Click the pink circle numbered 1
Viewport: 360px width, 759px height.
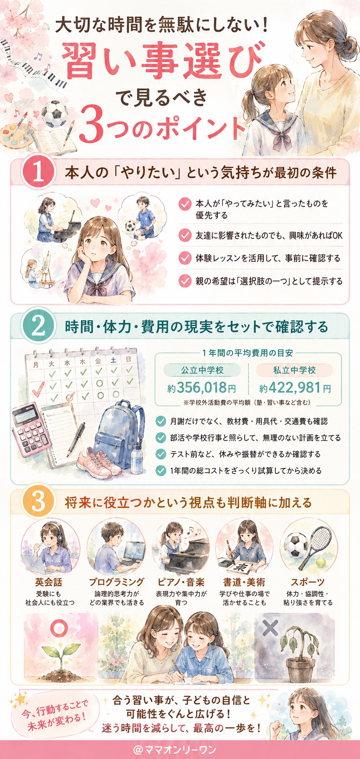38,173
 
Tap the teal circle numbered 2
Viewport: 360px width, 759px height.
38,327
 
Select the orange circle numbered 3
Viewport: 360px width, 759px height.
38,502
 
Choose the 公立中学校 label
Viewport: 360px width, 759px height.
202,370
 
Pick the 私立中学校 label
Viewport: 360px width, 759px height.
295,370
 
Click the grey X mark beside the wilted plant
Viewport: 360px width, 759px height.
271,628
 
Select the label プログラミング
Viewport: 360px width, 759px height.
117,582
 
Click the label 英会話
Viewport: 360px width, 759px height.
48,582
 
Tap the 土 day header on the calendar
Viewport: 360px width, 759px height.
113,359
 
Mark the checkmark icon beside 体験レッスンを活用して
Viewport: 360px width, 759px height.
185,258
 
